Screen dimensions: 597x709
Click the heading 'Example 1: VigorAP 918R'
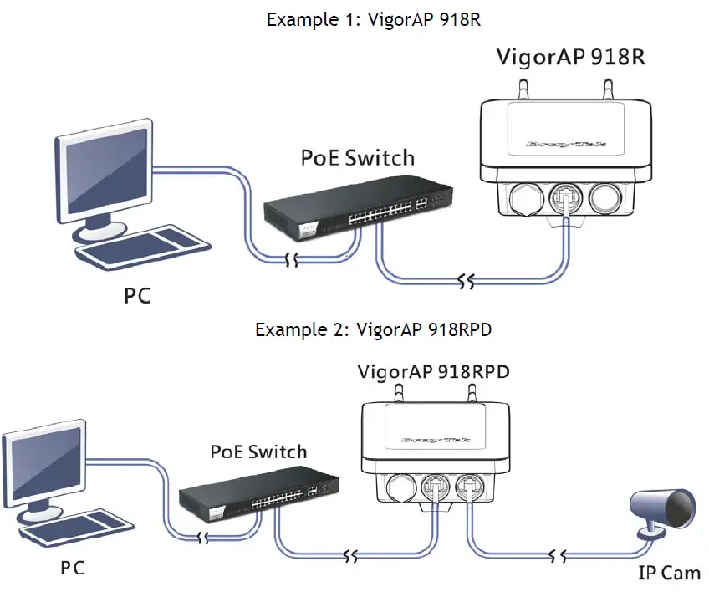coord(374,19)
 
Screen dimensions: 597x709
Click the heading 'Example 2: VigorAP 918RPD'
coord(373,329)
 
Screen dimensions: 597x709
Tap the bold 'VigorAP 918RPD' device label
coord(434,370)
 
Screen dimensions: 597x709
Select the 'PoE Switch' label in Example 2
coord(258,452)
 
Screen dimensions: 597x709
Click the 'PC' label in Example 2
coord(73,569)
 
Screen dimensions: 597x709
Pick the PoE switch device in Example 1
coord(355,207)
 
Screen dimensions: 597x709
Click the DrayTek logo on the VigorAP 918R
coord(566,145)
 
